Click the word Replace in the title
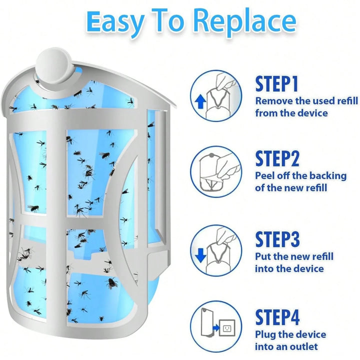click(246, 22)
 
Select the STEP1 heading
click(277, 84)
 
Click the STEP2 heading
click(277, 158)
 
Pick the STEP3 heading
click(277, 239)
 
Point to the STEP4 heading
click(277, 317)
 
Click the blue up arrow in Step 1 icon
click(200, 102)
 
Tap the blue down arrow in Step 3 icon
click(200, 255)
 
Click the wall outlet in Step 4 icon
click(227, 328)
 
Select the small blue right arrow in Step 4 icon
click(216, 327)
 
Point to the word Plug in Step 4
click(264, 335)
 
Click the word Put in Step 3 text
click(263, 256)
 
